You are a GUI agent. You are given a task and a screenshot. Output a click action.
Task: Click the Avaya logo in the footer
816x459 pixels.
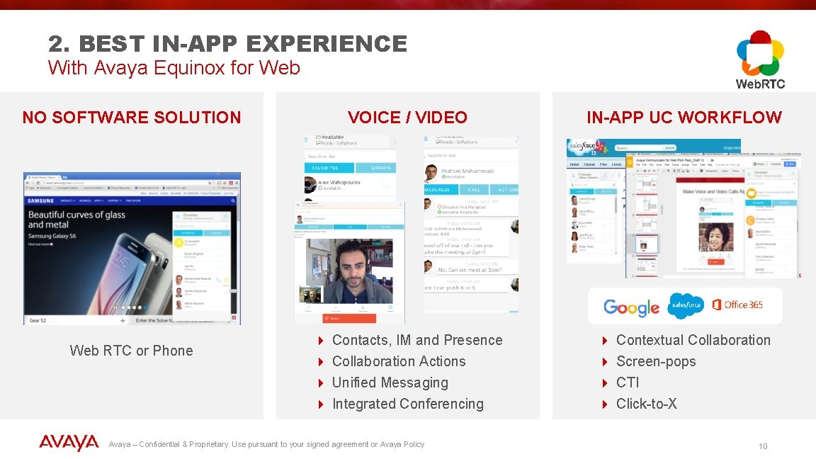(x=69, y=443)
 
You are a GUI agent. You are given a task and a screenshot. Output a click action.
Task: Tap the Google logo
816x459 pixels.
(x=631, y=307)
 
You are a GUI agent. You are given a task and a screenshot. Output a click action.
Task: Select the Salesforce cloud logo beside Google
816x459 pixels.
(x=685, y=305)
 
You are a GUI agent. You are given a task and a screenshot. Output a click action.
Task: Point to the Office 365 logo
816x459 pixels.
(x=737, y=305)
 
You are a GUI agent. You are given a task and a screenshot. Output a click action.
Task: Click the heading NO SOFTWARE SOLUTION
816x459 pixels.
(x=132, y=118)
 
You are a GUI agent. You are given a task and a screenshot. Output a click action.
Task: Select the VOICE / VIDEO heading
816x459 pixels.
(x=407, y=118)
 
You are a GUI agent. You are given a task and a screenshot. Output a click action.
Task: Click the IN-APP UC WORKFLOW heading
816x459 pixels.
(x=684, y=118)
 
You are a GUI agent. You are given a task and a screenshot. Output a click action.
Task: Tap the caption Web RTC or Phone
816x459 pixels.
(x=131, y=351)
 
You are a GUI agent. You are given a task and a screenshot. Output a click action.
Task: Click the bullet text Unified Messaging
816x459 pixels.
(x=390, y=382)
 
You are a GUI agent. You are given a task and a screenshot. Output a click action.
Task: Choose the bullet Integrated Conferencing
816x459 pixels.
(x=407, y=404)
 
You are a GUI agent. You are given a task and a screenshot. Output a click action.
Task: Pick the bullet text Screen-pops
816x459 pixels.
(x=656, y=361)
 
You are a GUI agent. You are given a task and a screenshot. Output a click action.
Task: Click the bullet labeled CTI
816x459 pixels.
(x=628, y=382)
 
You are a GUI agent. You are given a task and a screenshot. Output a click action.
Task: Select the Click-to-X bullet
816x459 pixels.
(x=646, y=404)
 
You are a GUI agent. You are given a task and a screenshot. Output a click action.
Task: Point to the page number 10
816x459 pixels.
(x=763, y=446)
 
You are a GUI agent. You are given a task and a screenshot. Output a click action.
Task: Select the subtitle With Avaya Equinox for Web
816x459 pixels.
(x=174, y=68)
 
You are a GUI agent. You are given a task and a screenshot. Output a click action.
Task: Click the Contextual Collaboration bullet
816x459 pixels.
(x=693, y=340)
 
